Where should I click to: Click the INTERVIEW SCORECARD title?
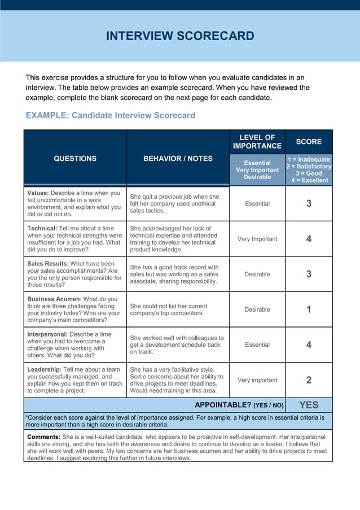coord(180,37)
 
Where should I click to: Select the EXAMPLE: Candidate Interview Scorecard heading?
coord(111,115)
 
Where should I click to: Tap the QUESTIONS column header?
coord(75,159)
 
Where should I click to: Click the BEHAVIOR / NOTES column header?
coord(178,159)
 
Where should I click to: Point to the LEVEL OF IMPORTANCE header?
coord(257,142)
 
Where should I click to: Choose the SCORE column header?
coord(309,142)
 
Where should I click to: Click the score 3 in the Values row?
coord(309,204)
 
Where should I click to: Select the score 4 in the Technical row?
coord(309,239)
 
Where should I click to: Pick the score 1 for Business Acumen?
coord(309,310)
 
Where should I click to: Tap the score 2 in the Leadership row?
coord(309,380)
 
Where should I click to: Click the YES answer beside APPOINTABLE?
coord(309,405)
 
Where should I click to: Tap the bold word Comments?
coord(43,437)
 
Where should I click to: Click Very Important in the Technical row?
coord(257,239)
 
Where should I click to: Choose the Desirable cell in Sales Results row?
coord(257,274)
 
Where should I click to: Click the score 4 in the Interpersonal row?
coord(309,345)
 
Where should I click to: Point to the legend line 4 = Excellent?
coord(309,180)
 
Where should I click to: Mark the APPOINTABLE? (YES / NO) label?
coord(239,405)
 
